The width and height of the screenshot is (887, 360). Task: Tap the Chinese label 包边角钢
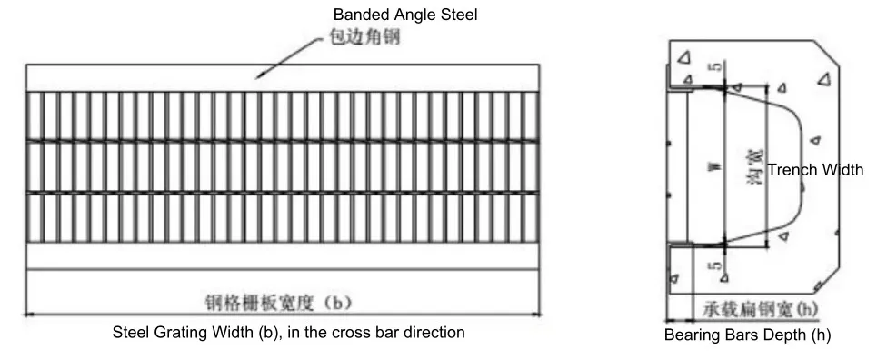pos(360,40)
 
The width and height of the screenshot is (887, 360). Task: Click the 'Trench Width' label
pos(815,169)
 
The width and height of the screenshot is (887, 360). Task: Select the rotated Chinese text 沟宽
pos(752,167)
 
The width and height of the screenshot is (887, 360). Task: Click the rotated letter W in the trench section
pos(718,168)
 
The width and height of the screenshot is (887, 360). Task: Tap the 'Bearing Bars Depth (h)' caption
pos(747,335)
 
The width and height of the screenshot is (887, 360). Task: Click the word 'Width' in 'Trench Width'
pos(843,169)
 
